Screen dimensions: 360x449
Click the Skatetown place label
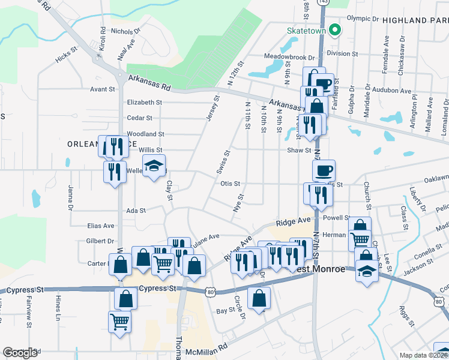click(306, 29)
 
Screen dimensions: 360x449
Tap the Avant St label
click(102, 89)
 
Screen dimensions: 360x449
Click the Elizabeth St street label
click(144, 103)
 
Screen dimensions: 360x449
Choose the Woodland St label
click(145, 134)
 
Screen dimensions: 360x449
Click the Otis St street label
click(230, 184)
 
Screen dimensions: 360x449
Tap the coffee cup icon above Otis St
click(324, 170)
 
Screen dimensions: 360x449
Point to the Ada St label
click(136, 211)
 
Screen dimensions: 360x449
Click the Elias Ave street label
click(100, 226)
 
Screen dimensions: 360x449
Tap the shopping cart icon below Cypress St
click(120, 322)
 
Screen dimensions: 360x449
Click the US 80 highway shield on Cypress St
click(209, 292)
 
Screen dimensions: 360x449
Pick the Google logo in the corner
click(21, 352)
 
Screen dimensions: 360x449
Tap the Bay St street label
click(225, 311)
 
